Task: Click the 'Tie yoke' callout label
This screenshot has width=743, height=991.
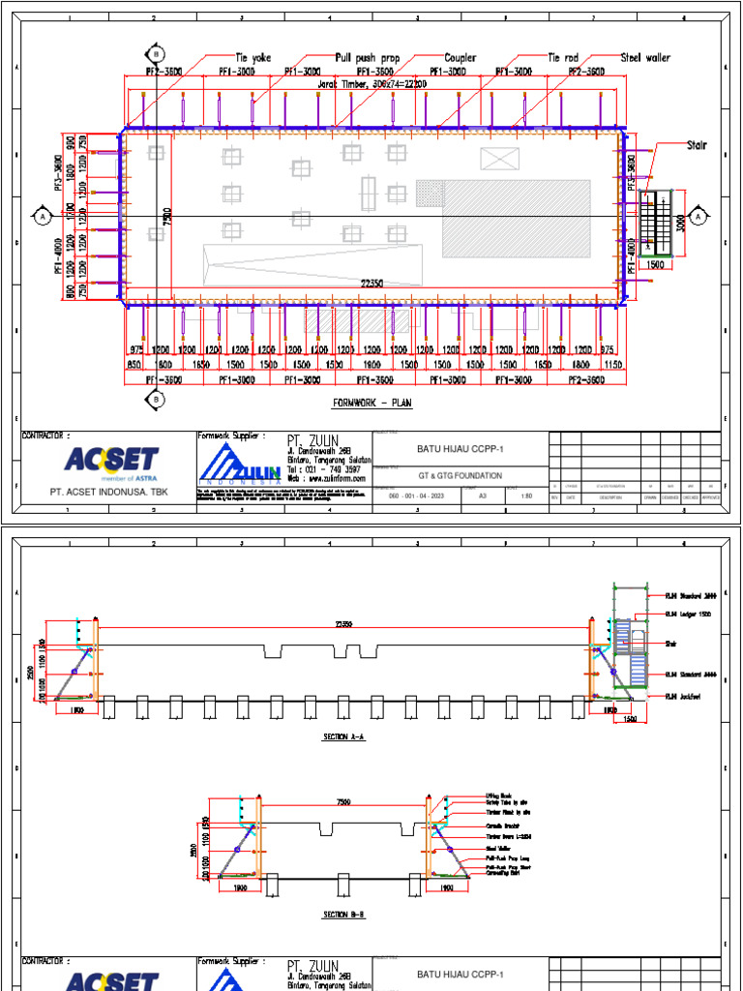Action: pos(253,58)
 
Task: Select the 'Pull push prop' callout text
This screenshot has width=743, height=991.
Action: pos(368,58)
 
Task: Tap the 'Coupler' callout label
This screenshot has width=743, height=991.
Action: pos(461,58)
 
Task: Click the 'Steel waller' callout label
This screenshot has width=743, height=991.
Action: pos(645,58)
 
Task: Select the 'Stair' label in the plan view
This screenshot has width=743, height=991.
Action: pos(697,145)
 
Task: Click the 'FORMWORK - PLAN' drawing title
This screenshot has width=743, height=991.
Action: pos(372,403)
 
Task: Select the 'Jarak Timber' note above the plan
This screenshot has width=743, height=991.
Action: pos(373,84)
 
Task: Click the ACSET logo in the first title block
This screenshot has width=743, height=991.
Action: pos(109,463)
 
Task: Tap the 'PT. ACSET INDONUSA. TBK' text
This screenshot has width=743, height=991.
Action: pos(110,492)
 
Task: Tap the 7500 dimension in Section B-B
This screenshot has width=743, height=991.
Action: pos(343,802)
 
